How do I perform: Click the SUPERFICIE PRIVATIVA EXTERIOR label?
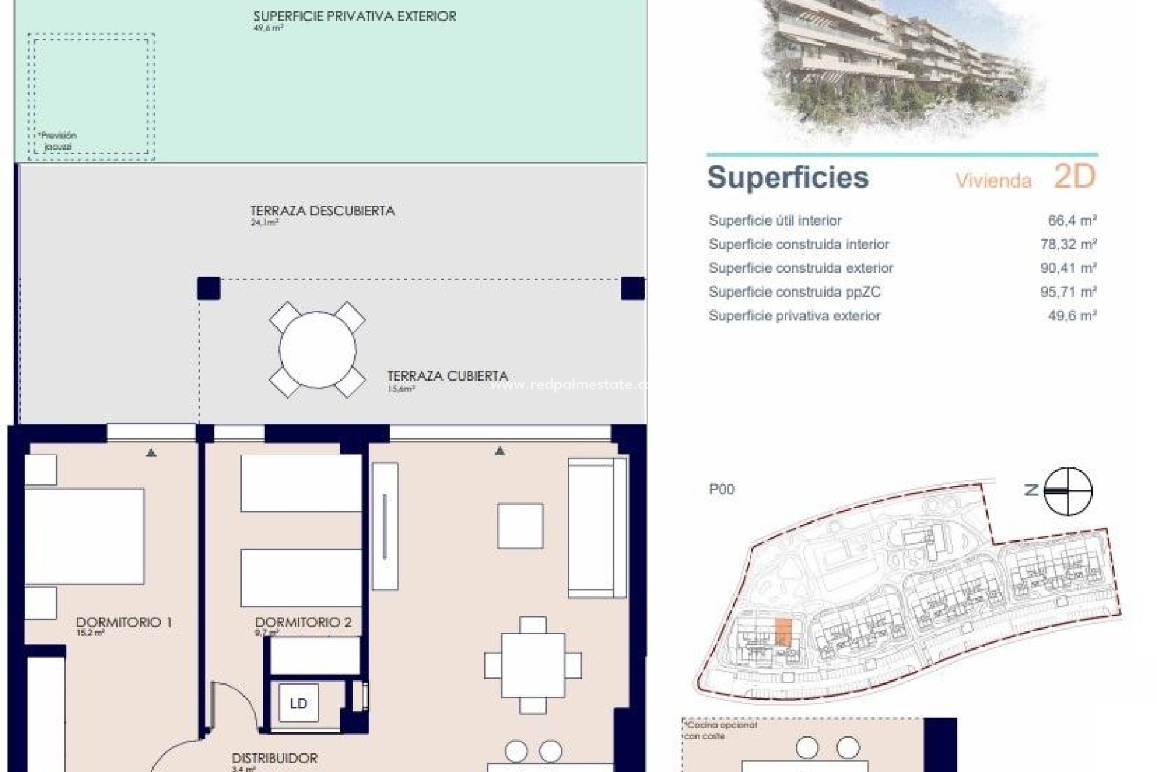[x=354, y=17]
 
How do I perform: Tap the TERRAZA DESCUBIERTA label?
[x=322, y=211]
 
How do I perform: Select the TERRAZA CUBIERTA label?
[x=447, y=376]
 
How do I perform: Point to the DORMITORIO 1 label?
[x=124, y=622]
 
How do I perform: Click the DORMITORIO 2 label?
[x=303, y=622]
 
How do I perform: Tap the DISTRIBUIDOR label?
[x=274, y=758]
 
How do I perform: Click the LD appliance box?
[x=298, y=703]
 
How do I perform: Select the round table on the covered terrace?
[x=317, y=349]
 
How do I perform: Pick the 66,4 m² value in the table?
[x=1071, y=221]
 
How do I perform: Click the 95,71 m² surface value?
[x=1068, y=292]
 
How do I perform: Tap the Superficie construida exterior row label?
[x=801, y=268]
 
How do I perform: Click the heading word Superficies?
[x=788, y=177]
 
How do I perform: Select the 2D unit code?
[x=1074, y=176]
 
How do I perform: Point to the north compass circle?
[x=1067, y=492]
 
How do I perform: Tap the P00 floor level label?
[x=721, y=489]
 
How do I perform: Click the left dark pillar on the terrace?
[x=209, y=288]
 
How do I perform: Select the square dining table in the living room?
[x=533, y=665]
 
